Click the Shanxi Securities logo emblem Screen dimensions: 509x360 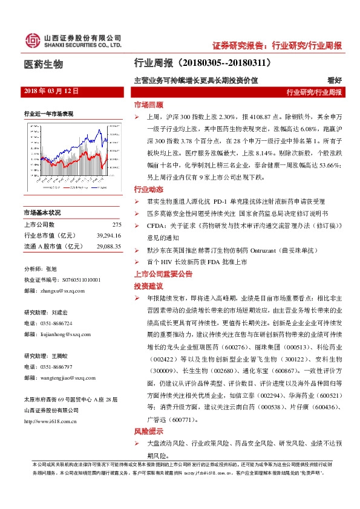[32, 41]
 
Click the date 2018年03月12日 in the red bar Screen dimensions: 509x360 [51, 91]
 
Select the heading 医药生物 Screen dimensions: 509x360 [43, 65]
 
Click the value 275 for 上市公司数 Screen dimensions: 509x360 [117, 225]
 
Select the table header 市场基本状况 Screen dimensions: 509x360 [42, 213]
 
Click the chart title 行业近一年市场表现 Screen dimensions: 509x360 [48, 113]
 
